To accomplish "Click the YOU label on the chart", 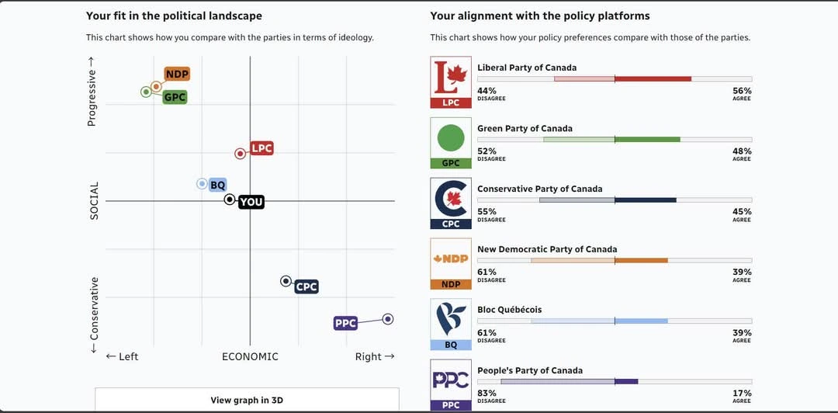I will coord(251,202).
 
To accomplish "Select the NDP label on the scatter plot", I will coord(177,75).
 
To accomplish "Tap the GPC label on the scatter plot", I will coord(175,97).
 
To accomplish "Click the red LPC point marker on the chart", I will coord(241,154).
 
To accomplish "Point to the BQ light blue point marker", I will coord(202,184).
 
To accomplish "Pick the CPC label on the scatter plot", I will coord(306,286).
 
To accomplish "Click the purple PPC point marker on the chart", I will coord(388,319).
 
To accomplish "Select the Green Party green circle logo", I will coord(451,138).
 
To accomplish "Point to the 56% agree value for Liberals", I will coord(742,91).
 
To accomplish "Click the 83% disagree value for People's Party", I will coord(487,394).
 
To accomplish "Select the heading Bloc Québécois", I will coord(509,310).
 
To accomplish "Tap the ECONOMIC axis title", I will coord(250,357).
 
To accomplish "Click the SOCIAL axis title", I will coord(95,201).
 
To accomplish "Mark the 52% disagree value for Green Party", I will coord(487,151).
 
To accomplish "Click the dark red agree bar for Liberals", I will coord(653,79).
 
